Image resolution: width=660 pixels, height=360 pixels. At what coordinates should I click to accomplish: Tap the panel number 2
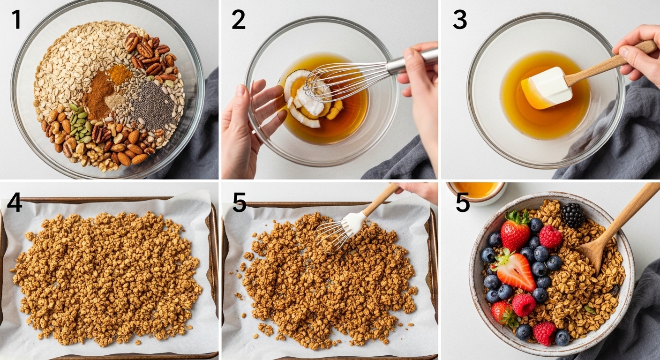(x=238, y=20)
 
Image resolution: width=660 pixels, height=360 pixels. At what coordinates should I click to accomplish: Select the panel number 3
(x=459, y=20)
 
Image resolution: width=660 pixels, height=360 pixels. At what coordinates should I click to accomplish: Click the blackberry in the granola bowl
(x=572, y=215)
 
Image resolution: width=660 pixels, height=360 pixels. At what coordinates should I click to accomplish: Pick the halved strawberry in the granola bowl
(x=516, y=271)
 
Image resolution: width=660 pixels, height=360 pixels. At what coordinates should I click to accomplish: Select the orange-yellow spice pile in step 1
(x=120, y=74)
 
